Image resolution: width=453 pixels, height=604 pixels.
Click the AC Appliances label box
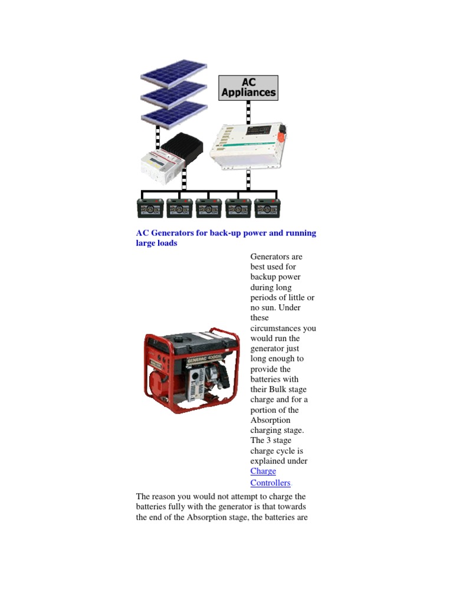pyautogui.click(x=248, y=87)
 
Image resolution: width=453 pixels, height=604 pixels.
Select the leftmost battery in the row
pyautogui.click(x=150, y=208)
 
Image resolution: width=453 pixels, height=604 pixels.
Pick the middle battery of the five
pyautogui.click(x=208, y=208)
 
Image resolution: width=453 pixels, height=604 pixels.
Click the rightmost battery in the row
pyautogui.click(x=267, y=208)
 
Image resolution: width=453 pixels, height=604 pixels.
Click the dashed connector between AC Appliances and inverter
pyautogui.click(x=248, y=111)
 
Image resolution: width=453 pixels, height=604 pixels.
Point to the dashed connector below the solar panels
pyautogui.click(x=158, y=137)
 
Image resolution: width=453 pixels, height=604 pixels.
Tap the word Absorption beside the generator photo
pyautogui.click(x=270, y=421)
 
